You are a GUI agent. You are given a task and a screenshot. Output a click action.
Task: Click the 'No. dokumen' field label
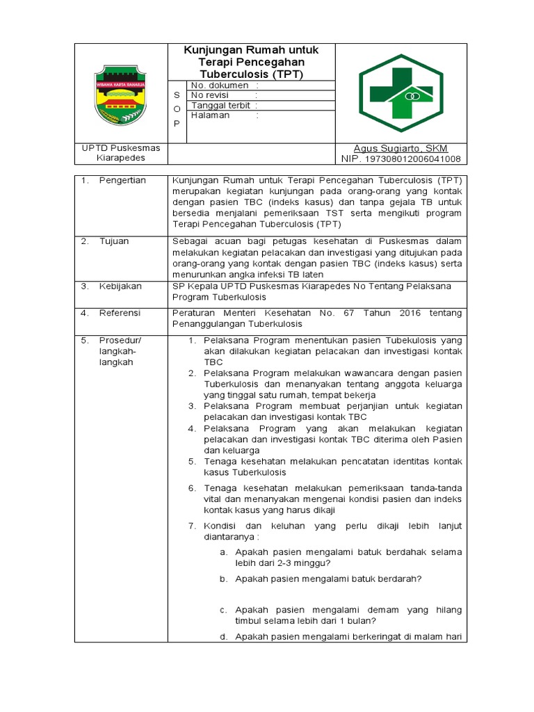[x=220, y=85]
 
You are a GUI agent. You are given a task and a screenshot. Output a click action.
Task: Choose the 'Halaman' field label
[x=211, y=115]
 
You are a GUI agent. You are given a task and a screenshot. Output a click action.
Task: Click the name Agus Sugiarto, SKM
[x=400, y=149]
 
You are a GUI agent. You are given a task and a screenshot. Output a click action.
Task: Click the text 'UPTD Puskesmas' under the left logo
[x=121, y=148]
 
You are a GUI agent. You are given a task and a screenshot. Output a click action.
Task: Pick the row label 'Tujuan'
[x=115, y=241]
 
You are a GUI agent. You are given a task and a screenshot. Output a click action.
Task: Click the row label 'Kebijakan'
[x=120, y=286]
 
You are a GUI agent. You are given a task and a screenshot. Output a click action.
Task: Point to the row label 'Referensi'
[x=120, y=313]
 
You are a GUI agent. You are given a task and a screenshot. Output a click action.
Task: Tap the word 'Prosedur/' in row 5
[x=120, y=340]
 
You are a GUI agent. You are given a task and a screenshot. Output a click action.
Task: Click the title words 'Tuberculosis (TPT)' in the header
[x=251, y=73]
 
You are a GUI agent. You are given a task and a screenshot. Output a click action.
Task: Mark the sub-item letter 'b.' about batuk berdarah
[x=223, y=578]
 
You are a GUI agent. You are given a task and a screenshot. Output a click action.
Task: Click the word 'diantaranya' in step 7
[x=229, y=537]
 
